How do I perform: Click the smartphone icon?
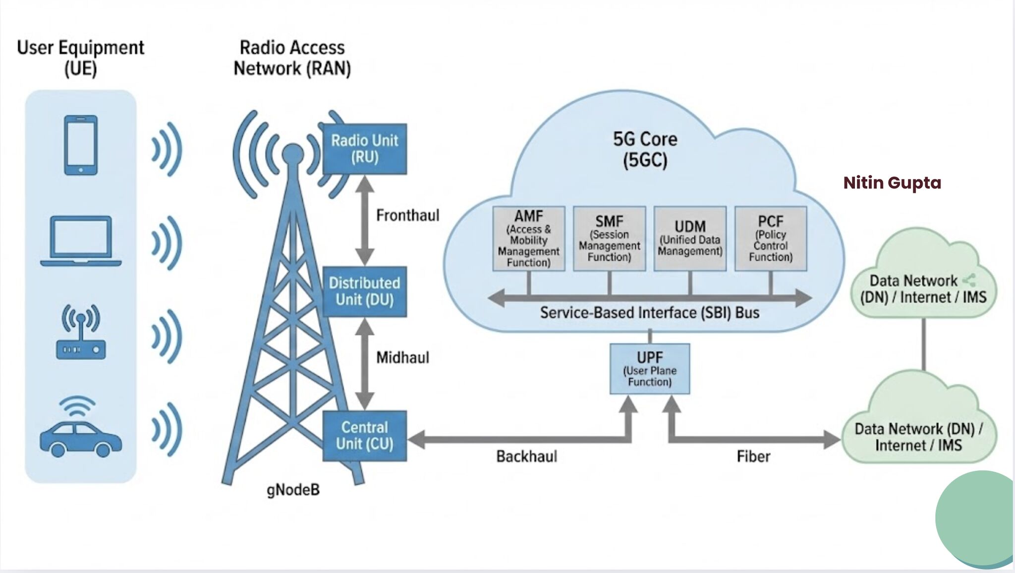pyautogui.click(x=81, y=145)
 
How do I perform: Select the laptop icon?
pyautogui.click(x=81, y=241)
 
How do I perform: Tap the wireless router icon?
pyautogui.click(x=81, y=332)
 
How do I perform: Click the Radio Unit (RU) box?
pyautogui.click(x=365, y=149)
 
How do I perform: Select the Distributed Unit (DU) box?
pyautogui.click(x=365, y=291)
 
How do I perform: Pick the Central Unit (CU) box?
pyautogui.click(x=365, y=436)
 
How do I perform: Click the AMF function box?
pyautogui.click(x=529, y=238)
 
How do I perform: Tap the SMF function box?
pyautogui.click(x=610, y=238)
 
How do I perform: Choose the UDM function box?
pyautogui.click(x=690, y=238)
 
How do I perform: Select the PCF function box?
pyautogui.click(x=771, y=238)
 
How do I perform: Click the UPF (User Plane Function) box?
pyautogui.click(x=650, y=369)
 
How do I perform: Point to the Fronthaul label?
pyautogui.click(x=408, y=215)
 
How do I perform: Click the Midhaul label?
pyautogui.click(x=402, y=357)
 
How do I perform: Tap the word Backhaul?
pyautogui.click(x=527, y=456)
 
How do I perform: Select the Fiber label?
pyautogui.click(x=753, y=456)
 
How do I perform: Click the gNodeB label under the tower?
pyautogui.click(x=293, y=490)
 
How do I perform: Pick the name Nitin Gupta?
pyautogui.click(x=892, y=183)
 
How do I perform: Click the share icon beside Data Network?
pyautogui.click(x=969, y=280)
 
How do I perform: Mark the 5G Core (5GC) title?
pyautogui.click(x=645, y=149)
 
